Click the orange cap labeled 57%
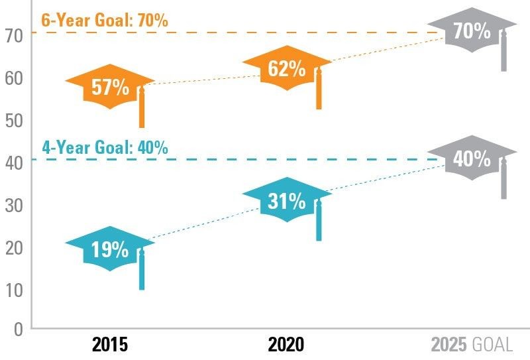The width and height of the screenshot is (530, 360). click(109, 86)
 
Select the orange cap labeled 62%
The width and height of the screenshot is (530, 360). click(286, 68)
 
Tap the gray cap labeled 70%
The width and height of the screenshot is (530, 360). click(471, 30)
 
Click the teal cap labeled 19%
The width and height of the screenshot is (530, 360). click(109, 249)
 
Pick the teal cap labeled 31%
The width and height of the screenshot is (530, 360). click(286, 200)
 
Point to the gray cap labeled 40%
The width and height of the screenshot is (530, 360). click(471, 158)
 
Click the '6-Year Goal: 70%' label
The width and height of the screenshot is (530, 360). click(105, 20)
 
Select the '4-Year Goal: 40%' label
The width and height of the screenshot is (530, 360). click(105, 147)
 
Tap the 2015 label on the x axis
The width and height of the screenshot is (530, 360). click(110, 345)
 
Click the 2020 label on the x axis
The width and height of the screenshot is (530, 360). click(286, 345)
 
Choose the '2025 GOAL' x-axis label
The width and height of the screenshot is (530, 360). click(472, 345)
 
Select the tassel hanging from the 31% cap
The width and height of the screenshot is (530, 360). click(319, 221)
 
